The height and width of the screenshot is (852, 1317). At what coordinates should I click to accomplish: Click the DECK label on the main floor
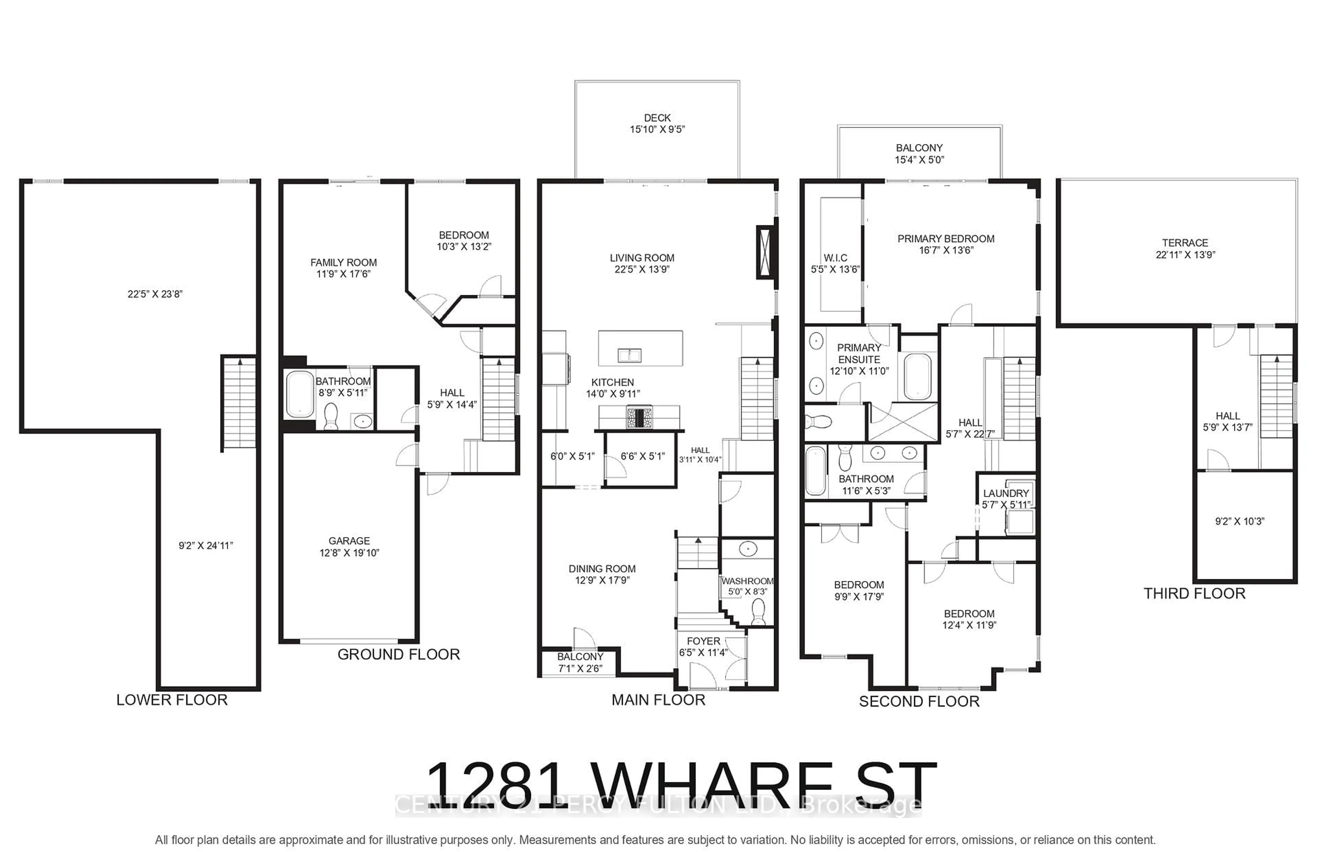[x=657, y=118]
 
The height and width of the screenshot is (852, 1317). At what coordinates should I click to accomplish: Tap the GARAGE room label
[x=349, y=541]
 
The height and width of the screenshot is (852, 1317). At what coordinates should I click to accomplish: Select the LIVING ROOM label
[x=642, y=258]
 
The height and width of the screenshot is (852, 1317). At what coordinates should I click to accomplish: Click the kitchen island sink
[x=629, y=355]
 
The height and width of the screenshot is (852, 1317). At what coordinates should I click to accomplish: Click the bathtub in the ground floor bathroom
[x=299, y=394]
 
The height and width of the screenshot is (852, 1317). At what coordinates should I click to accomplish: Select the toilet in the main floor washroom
[x=758, y=611]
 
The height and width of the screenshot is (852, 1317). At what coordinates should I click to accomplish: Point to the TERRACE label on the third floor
[x=1185, y=243]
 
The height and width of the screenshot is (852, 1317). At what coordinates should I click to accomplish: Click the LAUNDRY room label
[x=1006, y=493]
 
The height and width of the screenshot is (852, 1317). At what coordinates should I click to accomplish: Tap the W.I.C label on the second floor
[x=835, y=258]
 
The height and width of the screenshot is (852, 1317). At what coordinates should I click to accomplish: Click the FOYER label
[x=703, y=641]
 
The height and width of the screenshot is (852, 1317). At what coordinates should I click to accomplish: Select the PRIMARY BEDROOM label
[x=946, y=238]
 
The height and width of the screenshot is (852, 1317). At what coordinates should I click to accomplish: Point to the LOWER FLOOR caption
[x=171, y=700]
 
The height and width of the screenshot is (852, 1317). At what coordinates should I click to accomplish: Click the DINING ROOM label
[x=602, y=568]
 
